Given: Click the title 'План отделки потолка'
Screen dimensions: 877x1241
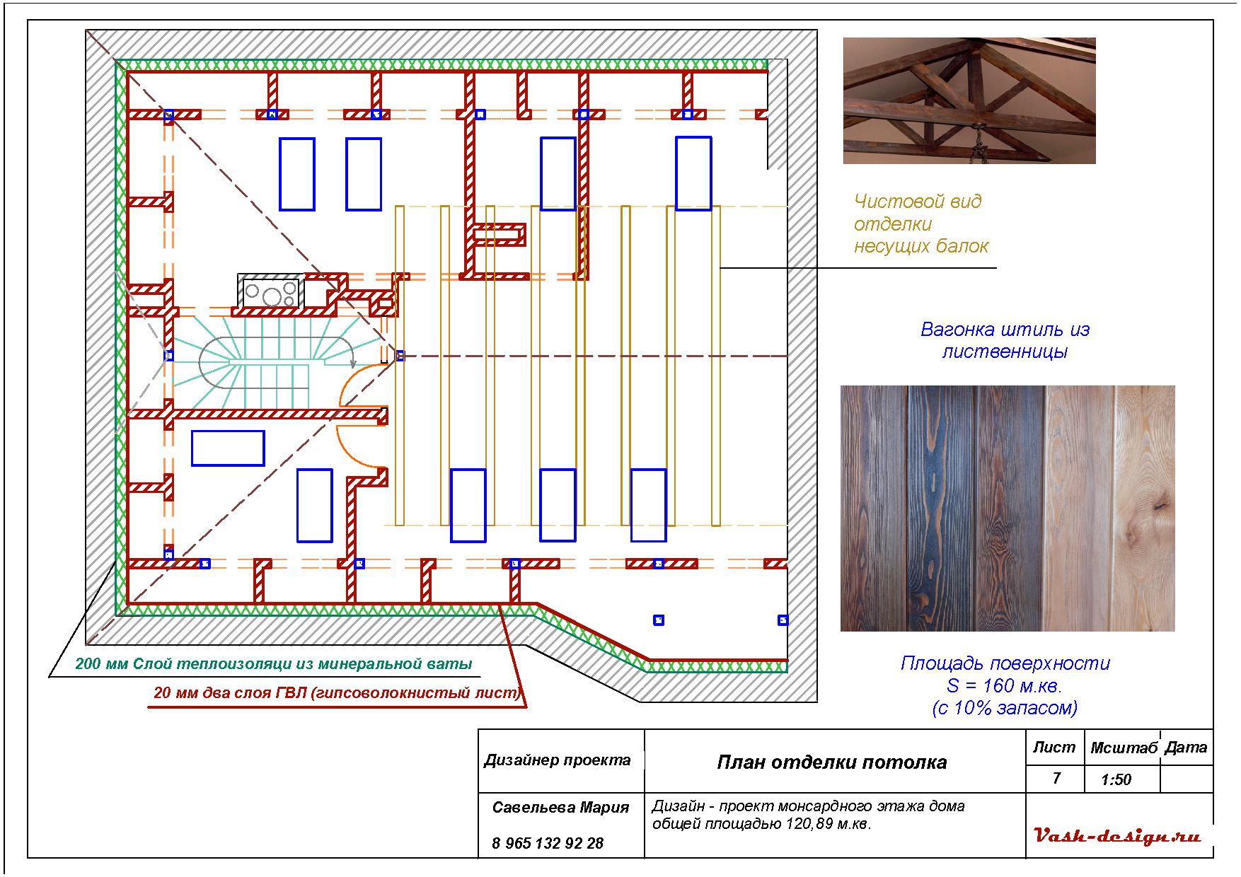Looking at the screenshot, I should click(x=831, y=762).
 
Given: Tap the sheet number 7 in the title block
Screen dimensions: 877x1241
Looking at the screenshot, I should click(x=1056, y=778).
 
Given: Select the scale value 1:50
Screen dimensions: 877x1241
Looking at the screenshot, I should click(x=1116, y=779).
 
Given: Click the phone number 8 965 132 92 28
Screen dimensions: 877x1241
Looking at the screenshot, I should click(x=548, y=843).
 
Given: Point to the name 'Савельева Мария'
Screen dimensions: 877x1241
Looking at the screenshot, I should click(x=560, y=808).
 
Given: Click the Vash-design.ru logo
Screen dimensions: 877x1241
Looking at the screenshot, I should click(x=1118, y=837).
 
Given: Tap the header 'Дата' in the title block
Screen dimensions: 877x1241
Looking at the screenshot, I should click(x=1186, y=748).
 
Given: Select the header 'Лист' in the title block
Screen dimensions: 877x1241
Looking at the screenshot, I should click(x=1054, y=748).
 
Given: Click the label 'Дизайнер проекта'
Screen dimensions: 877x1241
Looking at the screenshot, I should click(x=558, y=760).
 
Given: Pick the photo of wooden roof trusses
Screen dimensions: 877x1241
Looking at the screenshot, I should click(x=969, y=100).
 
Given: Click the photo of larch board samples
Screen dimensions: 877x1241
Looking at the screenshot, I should click(x=1007, y=508).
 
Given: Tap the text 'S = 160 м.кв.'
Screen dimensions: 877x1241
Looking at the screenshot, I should click(x=1005, y=685).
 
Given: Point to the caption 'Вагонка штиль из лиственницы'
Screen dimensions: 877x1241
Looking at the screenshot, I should click(x=1005, y=340).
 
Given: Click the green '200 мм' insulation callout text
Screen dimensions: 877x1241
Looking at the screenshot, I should click(x=273, y=664).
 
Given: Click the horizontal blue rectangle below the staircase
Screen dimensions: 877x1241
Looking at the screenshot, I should click(x=228, y=448).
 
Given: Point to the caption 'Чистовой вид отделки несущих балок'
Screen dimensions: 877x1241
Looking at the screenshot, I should click(x=920, y=223).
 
